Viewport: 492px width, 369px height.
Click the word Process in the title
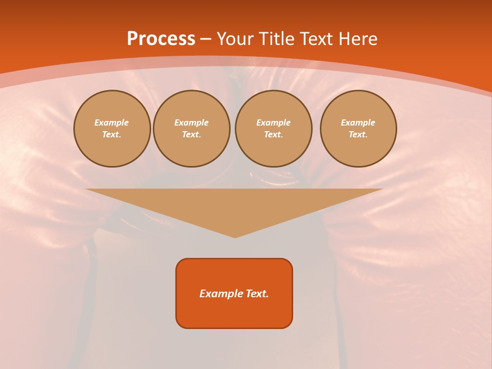(161, 39)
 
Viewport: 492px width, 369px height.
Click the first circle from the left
(112, 129)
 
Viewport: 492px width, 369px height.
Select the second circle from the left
(192, 129)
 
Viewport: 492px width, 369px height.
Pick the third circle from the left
(273, 129)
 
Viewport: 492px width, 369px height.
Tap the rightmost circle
(358, 129)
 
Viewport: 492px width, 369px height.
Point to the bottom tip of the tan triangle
(235, 237)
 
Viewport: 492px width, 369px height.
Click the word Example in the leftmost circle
(112, 122)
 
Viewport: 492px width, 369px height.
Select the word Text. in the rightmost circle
(358, 135)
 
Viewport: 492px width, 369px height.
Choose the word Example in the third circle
(273, 122)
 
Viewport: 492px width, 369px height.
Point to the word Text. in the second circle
(192, 135)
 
